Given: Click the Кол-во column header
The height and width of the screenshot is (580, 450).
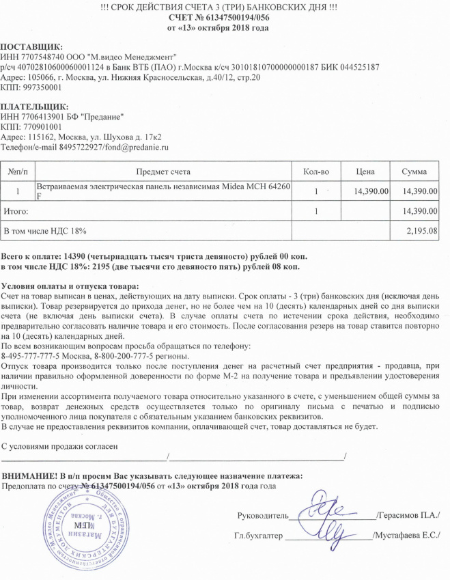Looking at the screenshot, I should pyautogui.click(x=315, y=170).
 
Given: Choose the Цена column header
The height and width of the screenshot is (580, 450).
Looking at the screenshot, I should pyautogui.click(x=367, y=170).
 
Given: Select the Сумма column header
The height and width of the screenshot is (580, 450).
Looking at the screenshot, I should pyautogui.click(x=414, y=170).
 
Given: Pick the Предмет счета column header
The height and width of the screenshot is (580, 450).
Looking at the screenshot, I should pyautogui.click(x=163, y=170).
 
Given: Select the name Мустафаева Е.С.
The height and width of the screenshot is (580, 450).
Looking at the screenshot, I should pyautogui.click(x=408, y=536).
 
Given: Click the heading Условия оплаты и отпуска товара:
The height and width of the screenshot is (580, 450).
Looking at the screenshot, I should pyautogui.click(x=70, y=285).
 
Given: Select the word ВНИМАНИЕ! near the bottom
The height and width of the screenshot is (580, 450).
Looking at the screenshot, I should pyautogui.click(x=30, y=475).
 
